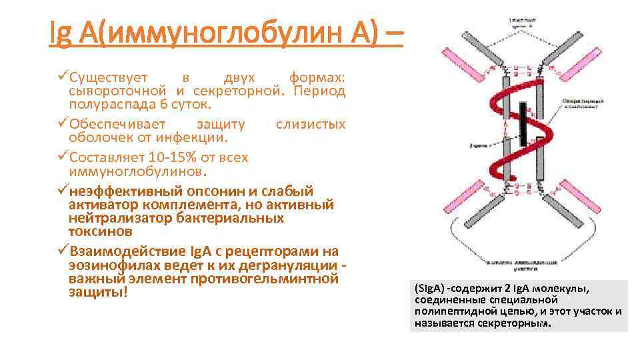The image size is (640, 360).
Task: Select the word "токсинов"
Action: click(101, 231)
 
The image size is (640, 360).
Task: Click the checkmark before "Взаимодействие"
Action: click(62, 251)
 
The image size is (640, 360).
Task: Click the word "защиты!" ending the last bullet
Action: click(97, 293)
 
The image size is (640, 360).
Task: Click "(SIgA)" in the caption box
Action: click(429, 289)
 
